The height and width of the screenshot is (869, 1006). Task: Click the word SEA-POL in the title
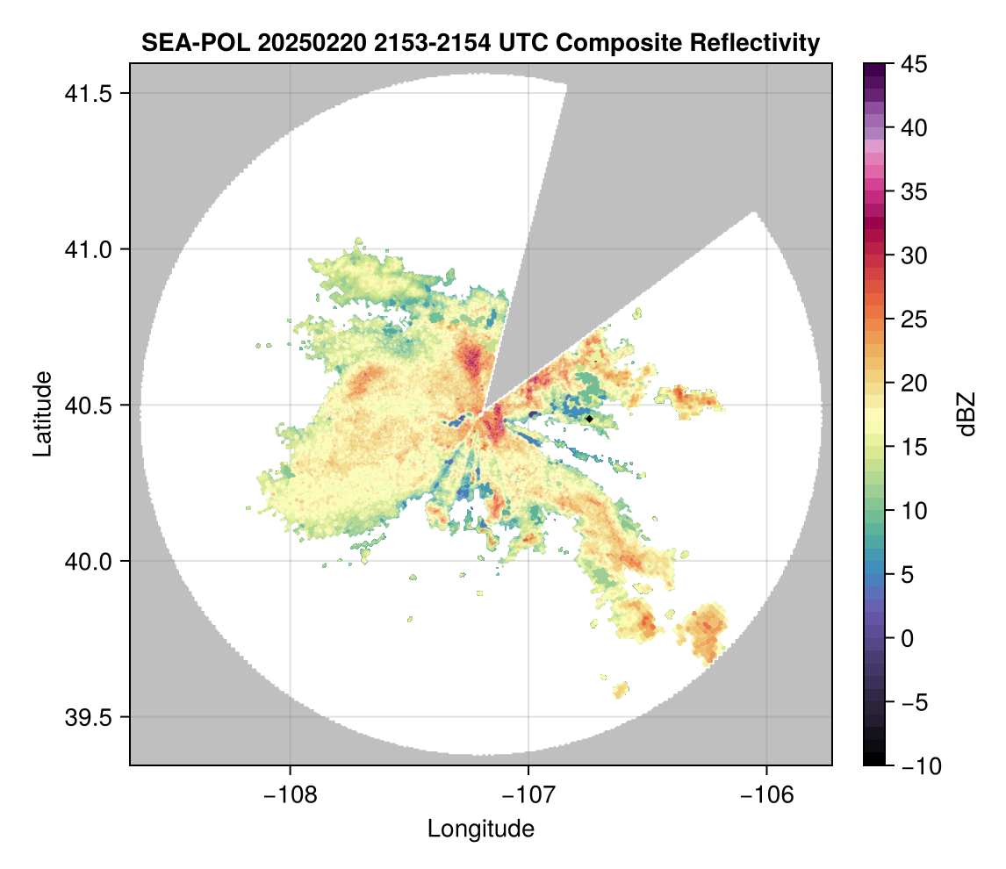(196, 42)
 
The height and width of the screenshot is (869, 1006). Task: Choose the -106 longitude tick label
(767, 795)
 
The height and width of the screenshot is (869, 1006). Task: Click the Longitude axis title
(481, 829)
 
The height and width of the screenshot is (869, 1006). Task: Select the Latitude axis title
(42, 413)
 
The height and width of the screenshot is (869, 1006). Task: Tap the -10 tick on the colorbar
(916, 766)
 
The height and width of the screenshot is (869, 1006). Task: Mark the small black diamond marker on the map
(589, 419)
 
